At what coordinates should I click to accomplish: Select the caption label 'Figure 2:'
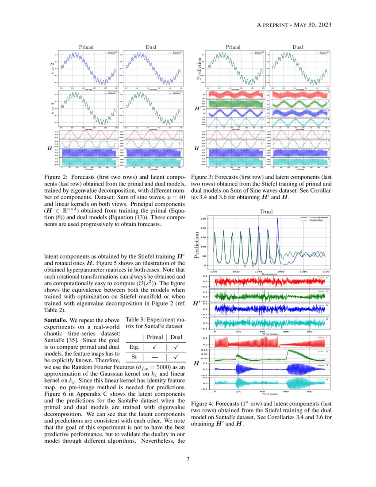point(58,176)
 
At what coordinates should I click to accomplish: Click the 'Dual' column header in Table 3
point(176,338)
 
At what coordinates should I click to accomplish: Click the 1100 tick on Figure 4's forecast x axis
point(326,271)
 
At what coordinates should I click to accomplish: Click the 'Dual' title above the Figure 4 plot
point(266,212)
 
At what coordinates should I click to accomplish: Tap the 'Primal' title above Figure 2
point(86,46)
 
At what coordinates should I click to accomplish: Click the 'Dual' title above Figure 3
point(298,46)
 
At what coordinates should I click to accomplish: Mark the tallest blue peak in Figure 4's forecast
point(278,218)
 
